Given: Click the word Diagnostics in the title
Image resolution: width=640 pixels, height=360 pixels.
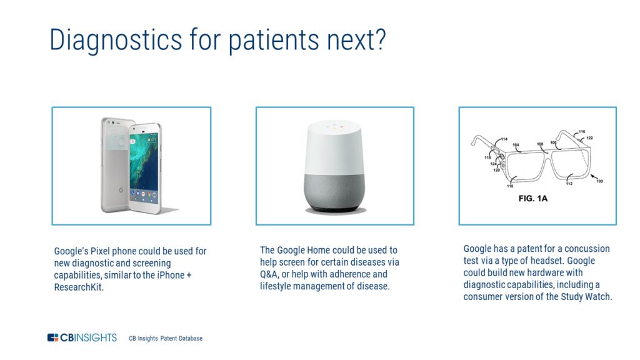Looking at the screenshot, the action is click(x=116, y=41).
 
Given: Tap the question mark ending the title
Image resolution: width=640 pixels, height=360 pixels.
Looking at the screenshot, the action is click(x=380, y=39).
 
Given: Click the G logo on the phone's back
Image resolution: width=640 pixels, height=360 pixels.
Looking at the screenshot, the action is click(x=121, y=190).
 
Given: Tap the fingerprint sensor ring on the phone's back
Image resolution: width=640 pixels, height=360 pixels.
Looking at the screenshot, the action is click(x=121, y=142).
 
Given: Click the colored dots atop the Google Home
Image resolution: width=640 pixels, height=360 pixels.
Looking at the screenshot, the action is click(x=334, y=126).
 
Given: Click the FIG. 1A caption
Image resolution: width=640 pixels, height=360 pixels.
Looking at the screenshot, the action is click(x=532, y=198).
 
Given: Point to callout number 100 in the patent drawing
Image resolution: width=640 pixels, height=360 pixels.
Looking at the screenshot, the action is click(x=599, y=181).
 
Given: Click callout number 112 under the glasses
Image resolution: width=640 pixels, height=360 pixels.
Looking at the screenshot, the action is click(x=569, y=184).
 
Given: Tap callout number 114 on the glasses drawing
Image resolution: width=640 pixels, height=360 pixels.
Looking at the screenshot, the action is click(x=504, y=139).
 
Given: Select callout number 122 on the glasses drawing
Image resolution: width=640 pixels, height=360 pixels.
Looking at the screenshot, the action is click(x=589, y=138).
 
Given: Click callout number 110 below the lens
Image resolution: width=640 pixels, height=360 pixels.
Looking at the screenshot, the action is click(x=510, y=186).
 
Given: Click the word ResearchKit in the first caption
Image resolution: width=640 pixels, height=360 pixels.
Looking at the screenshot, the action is click(x=78, y=287).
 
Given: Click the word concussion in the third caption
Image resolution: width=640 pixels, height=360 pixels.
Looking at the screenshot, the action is click(x=586, y=249).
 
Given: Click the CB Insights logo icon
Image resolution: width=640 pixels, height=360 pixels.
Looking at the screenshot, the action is click(x=52, y=337).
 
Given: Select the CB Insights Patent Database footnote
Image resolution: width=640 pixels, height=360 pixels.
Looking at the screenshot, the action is click(x=166, y=338).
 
